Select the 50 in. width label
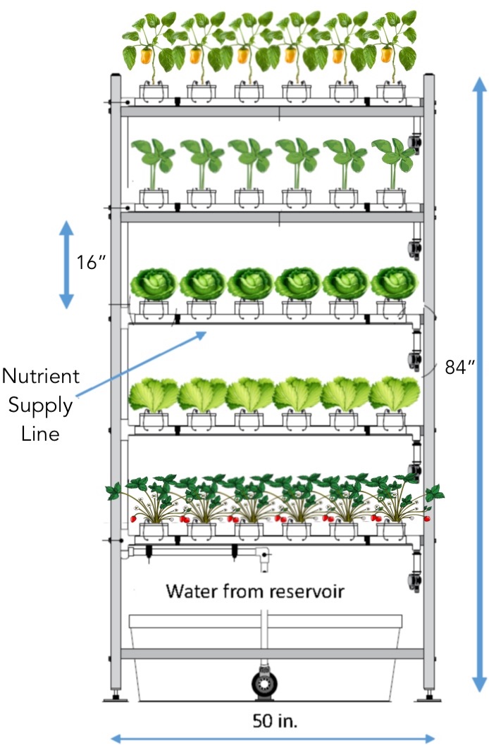pos(273,720)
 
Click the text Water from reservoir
pos(254,591)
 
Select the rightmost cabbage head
pos(395,283)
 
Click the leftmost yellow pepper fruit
pos(147,56)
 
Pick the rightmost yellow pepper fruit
pos(386,55)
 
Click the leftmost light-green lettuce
pos(154,395)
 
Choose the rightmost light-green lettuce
pos(395,395)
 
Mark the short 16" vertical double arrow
pos(66,264)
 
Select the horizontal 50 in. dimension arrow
pos(273,737)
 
